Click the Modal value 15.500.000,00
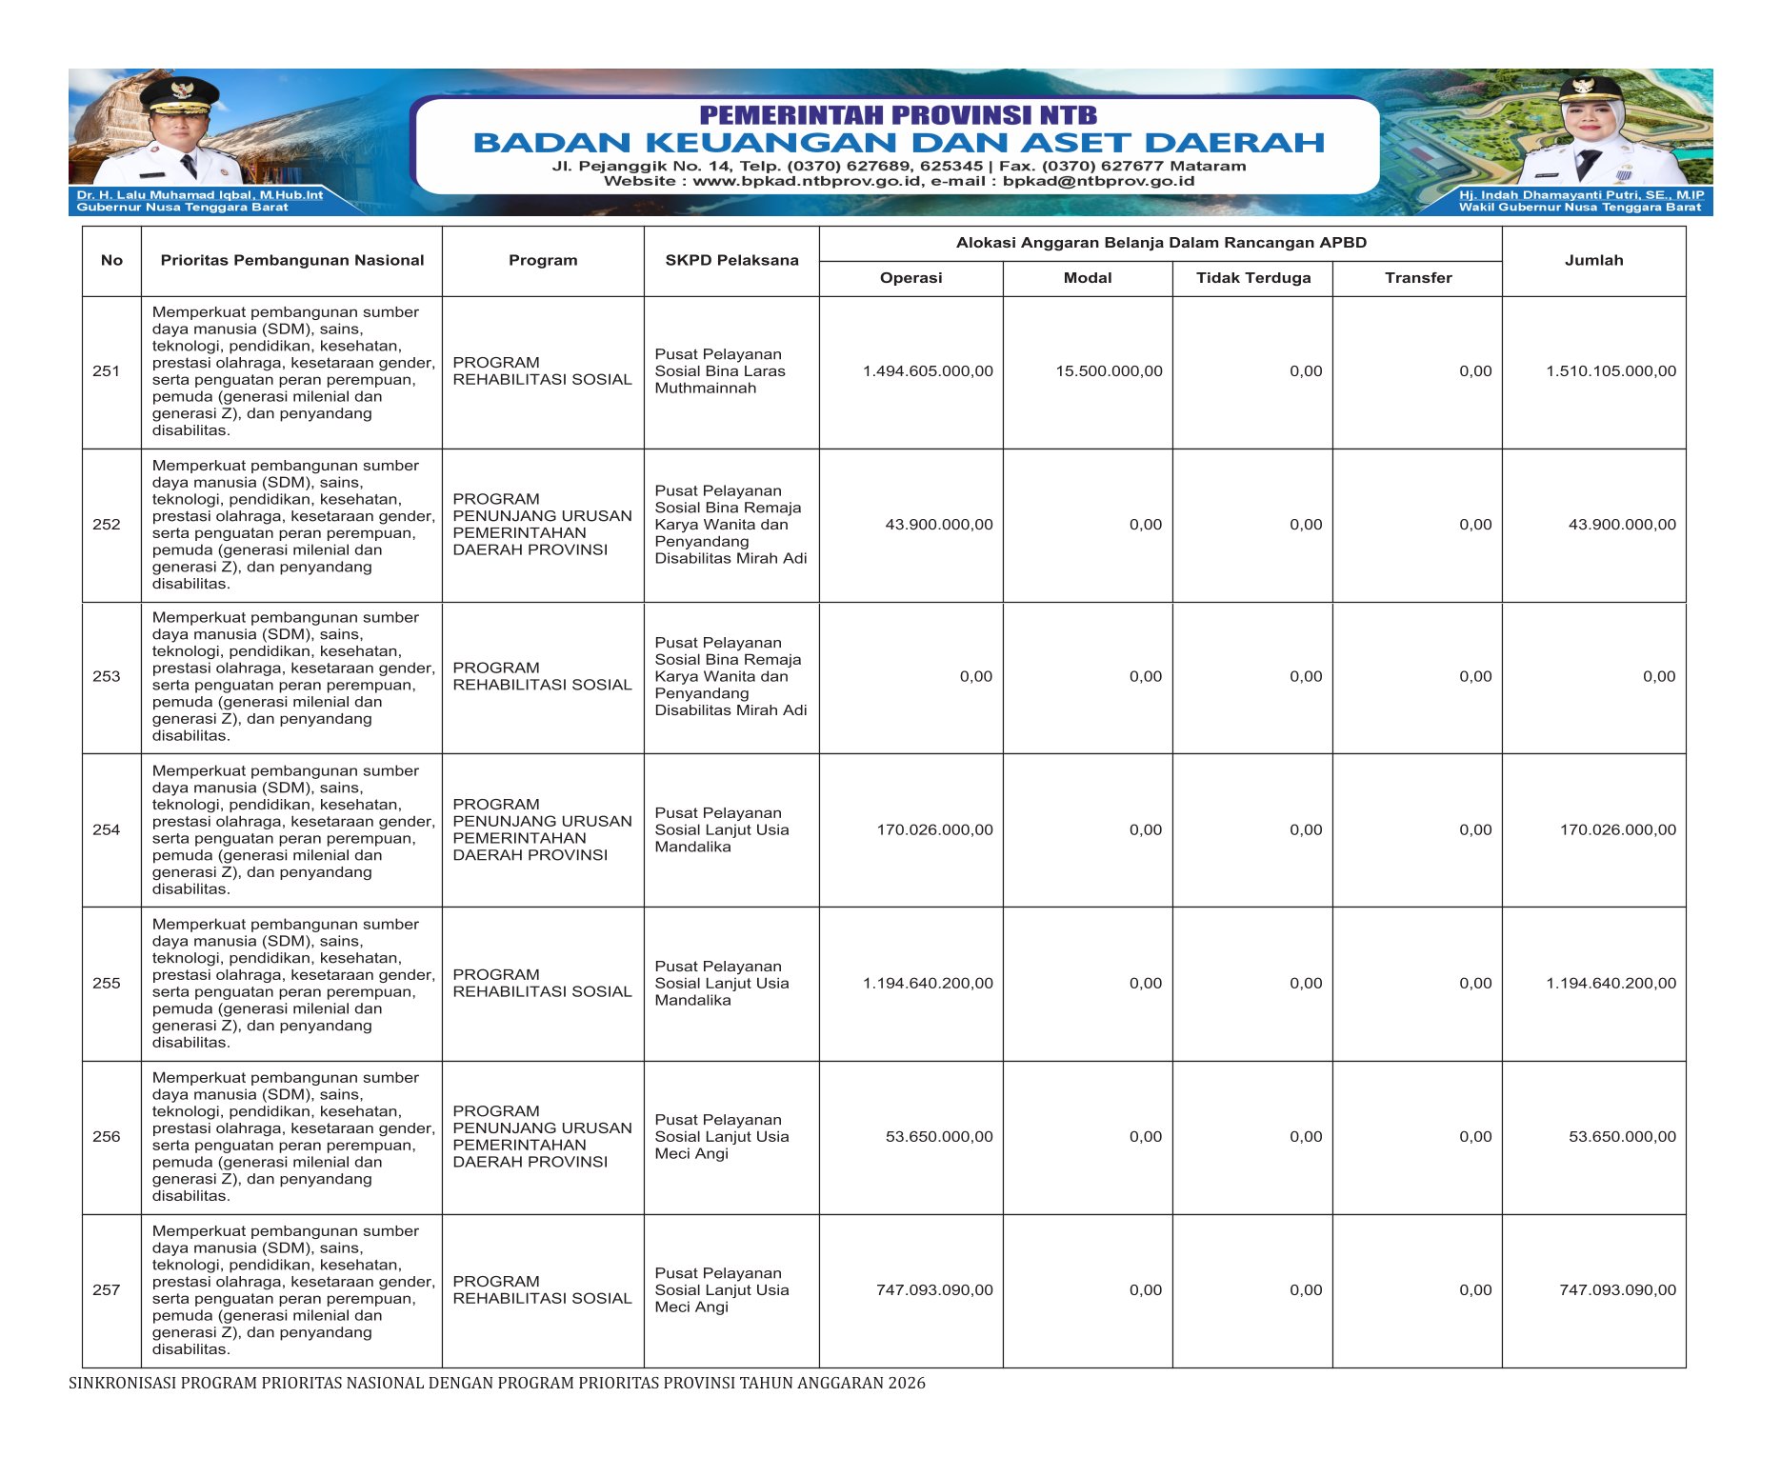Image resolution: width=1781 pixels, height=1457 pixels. tap(1109, 371)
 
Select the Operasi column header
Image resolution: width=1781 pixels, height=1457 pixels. tap(911, 278)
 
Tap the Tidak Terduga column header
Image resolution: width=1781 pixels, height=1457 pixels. tap(1252, 278)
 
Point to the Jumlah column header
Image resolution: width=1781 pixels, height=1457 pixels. tap(1593, 260)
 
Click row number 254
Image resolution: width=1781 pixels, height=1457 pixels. tap(107, 830)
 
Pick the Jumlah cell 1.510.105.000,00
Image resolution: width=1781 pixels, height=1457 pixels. tap(1611, 371)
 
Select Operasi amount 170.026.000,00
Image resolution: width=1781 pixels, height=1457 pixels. tap(934, 830)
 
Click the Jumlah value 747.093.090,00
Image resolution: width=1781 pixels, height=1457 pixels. tap(1617, 1290)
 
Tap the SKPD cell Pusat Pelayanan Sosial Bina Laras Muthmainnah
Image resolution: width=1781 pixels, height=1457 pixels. tap(720, 371)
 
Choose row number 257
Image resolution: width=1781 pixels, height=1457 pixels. tap(107, 1290)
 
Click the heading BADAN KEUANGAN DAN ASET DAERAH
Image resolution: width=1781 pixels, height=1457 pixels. tap(898, 143)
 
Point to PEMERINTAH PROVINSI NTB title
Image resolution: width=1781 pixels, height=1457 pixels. tap(898, 115)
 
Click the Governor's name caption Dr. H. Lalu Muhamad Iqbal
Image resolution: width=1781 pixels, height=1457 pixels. tap(200, 195)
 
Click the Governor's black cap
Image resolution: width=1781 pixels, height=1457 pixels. tap(179, 92)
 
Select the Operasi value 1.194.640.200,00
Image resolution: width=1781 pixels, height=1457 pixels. tap(928, 984)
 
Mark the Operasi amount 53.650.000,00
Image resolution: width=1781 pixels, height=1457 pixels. tap(938, 1137)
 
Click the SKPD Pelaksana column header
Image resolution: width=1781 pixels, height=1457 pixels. tap(731, 260)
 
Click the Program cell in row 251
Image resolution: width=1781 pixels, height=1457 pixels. tap(542, 371)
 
